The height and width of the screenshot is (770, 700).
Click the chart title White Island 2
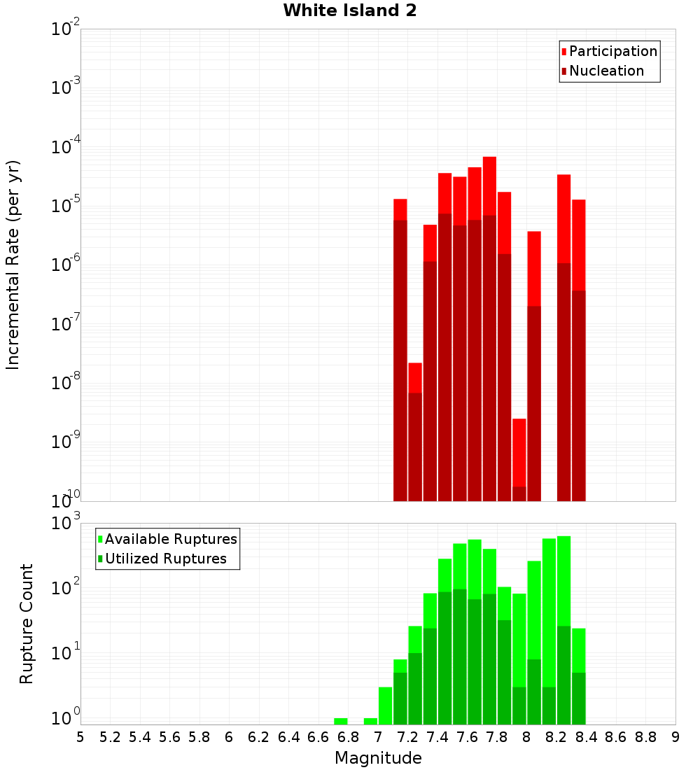tap(350, 11)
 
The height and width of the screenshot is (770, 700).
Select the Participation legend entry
tap(613, 51)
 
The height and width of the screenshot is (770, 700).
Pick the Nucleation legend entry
tap(606, 71)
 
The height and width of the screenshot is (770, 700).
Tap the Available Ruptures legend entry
tap(171, 539)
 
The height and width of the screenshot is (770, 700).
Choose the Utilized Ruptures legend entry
tap(165, 559)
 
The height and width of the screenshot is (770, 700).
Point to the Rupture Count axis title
tap(27, 624)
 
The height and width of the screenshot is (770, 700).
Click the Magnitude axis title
tap(378, 758)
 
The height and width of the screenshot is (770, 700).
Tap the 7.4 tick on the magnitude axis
tap(437, 737)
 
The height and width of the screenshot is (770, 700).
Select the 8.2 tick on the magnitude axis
tap(556, 737)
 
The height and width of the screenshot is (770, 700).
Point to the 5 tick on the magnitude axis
tap(80, 737)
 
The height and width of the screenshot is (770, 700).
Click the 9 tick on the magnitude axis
tap(675, 737)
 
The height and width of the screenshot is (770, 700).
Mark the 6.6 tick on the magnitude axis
tap(318, 737)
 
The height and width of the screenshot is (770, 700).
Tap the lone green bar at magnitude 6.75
tap(341, 721)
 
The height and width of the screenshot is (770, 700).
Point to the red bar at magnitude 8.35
tap(579, 350)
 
